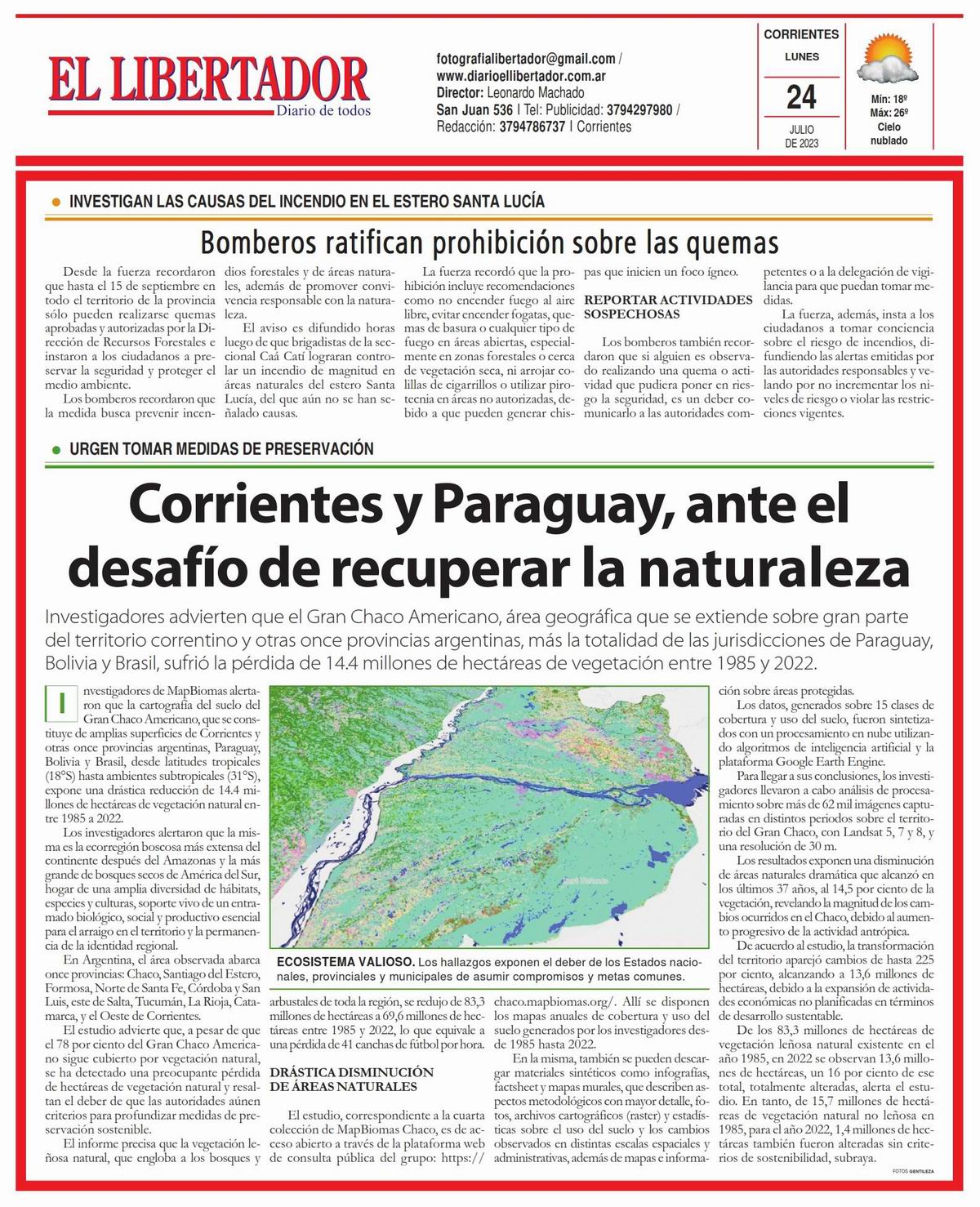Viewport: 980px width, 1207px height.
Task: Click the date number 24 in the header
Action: [x=801, y=97]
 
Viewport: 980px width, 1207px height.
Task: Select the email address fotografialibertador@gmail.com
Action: [x=526, y=59]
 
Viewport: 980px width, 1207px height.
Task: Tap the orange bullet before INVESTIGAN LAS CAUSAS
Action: [x=56, y=202]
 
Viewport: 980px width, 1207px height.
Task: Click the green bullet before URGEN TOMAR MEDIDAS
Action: [x=56, y=450]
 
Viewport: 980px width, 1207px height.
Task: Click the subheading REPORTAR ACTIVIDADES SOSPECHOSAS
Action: [x=668, y=307]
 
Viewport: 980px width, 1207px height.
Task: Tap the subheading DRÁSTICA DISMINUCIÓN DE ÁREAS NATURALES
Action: [x=352, y=1079]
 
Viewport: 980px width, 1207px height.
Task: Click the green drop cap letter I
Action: [x=60, y=701]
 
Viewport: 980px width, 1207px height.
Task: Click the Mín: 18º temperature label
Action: [x=889, y=99]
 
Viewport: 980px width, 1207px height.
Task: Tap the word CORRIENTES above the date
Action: [x=801, y=34]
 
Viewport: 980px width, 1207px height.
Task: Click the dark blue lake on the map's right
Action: [x=686, y=787]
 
